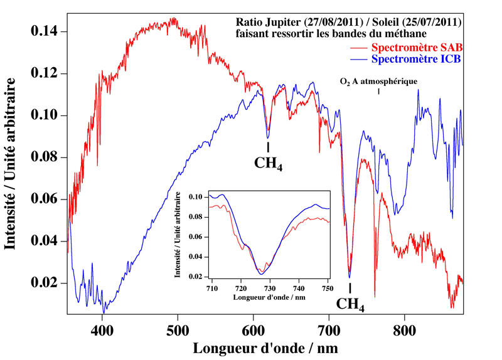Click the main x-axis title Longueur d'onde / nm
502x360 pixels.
click(265, 347)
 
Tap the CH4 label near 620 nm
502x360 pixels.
click(269, 164)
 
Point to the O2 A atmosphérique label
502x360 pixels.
click(378, 81)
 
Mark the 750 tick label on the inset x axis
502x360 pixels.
click(328, 288)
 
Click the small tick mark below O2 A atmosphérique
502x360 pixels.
click(378, 92)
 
